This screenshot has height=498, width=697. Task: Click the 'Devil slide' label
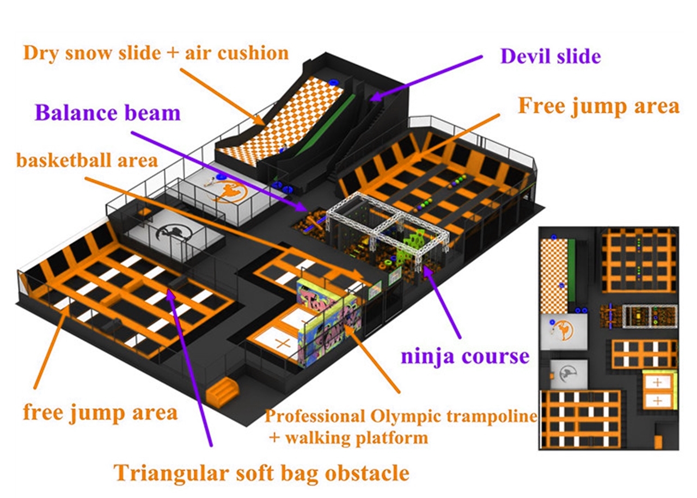551,56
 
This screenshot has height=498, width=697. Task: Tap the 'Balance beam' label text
107,113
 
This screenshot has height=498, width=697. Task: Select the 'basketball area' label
87,161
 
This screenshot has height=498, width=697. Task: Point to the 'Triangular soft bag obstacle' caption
261,472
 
